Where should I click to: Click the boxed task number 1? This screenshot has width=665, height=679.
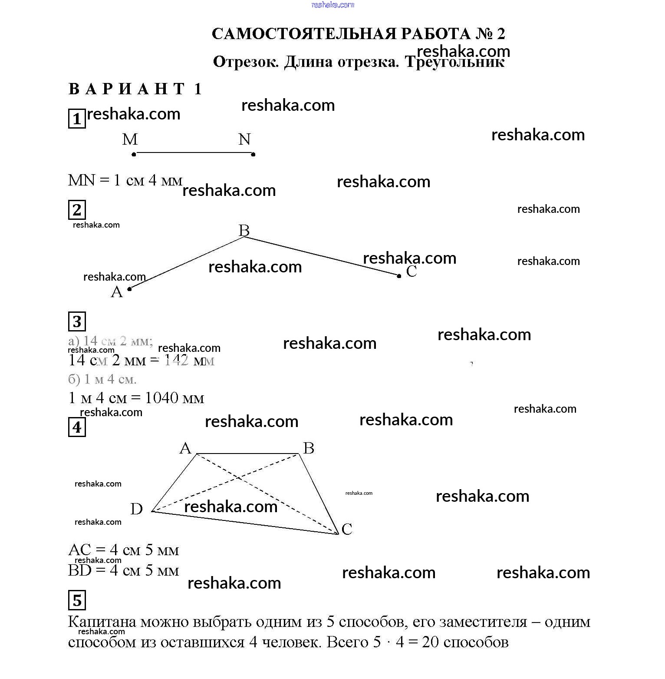click(x=77, y=119)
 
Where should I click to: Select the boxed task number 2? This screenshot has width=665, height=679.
click(x=77, y=210)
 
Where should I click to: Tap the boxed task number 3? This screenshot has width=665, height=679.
click(x=77, y=321)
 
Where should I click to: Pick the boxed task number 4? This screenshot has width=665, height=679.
click(x=77, y=427)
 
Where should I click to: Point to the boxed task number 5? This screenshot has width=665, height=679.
click(x=77, y=600)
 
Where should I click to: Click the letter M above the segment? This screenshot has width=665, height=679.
click(x=130, y=139)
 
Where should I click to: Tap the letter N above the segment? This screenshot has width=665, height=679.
click(x=244, y=139)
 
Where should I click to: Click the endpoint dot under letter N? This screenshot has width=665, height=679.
click(x=253, y=154)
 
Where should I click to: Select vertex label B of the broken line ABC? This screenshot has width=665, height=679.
click(x=244, y=230)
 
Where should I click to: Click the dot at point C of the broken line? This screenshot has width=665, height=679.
click(x=399, y=275)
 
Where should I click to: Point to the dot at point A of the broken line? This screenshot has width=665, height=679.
click(x=129, y=288)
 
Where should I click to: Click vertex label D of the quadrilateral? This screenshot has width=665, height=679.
click(x=136, y=509)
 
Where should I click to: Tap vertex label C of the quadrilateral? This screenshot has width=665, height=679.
click(x=347, y=529)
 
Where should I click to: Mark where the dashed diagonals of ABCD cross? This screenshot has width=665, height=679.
click(x=238, y=478)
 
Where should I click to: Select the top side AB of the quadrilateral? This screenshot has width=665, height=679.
click(x=248, y=454)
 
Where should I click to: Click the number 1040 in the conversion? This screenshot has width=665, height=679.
click(x=161, y=398)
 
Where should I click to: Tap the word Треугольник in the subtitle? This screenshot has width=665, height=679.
click(x=454, y=62)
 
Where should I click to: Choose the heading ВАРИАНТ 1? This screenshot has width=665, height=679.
click(x=135, y=89)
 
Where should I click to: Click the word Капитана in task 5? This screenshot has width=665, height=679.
click(x=102, y=622)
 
